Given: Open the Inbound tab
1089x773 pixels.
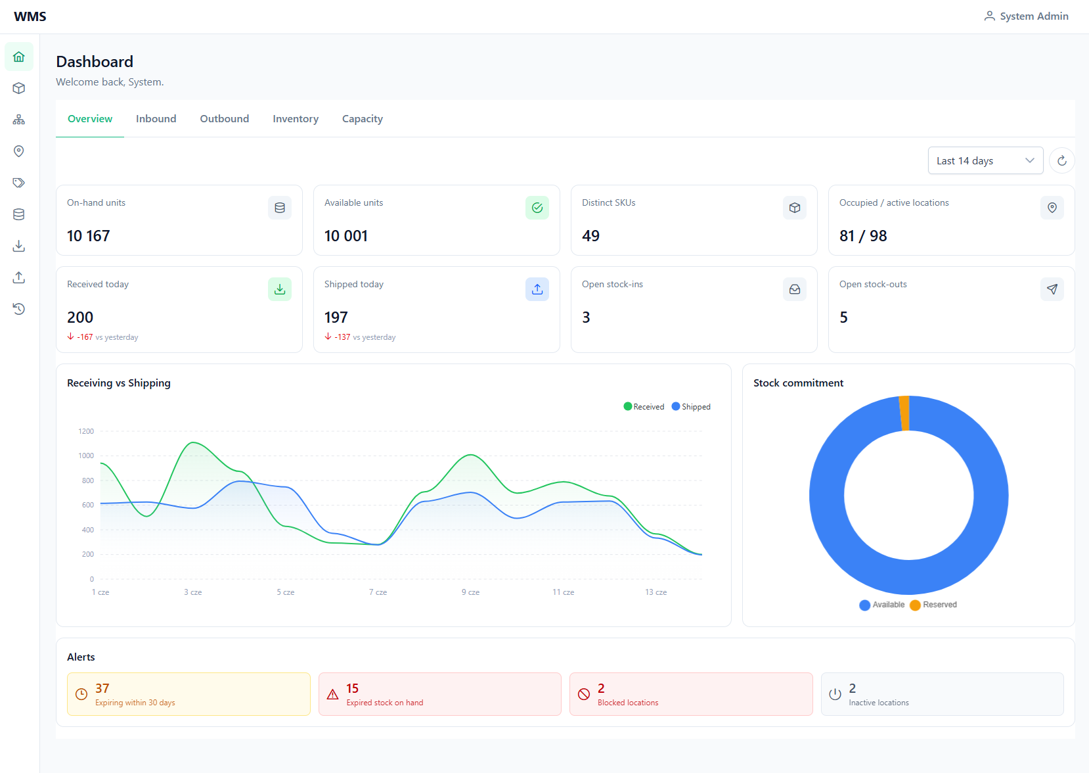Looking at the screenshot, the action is (156, 119).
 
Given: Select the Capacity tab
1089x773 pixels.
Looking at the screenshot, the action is (362, 119).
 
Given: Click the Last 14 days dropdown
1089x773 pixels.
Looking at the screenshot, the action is (985, 160).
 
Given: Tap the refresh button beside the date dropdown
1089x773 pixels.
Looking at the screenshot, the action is (1062, 160).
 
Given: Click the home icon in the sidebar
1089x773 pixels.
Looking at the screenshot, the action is (19, 57).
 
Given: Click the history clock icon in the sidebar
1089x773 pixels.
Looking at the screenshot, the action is (19, 309).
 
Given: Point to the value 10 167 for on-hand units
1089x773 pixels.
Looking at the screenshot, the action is (89, 236).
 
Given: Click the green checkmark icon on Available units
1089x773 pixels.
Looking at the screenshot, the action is (537, 208).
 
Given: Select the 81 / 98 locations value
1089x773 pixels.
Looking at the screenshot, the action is (863, 236).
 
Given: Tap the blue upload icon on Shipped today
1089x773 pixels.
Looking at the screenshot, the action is (537, 289).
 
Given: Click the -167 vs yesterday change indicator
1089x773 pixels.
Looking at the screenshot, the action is (102, 337).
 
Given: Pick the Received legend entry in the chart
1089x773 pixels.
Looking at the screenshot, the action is (644, 407).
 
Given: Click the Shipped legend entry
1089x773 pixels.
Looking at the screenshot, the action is (691, 407).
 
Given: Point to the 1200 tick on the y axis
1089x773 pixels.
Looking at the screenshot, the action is (86, 431).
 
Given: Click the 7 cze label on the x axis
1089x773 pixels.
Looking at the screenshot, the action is (378, 592).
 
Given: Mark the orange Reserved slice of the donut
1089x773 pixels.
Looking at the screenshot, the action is (904, 413).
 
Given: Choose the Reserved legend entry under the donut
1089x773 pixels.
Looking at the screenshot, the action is (933, 605).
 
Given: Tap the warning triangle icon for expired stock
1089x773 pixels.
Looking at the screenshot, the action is (332, 694).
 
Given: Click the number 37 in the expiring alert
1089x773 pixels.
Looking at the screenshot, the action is (102, 688).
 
